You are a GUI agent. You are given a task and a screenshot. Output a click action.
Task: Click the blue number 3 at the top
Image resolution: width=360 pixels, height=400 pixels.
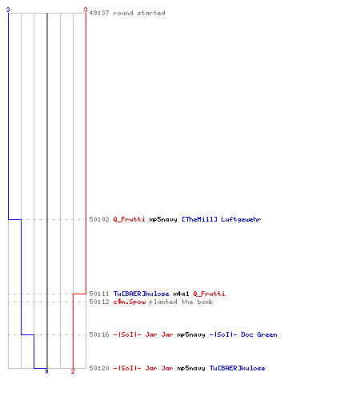(8, 10)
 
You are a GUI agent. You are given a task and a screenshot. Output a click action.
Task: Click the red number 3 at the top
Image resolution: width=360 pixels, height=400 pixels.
(86, 10)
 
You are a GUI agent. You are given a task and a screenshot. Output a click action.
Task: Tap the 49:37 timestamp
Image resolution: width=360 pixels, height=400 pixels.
(99, 13)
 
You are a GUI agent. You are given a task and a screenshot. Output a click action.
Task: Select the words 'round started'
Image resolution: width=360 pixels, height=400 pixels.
(139, 13)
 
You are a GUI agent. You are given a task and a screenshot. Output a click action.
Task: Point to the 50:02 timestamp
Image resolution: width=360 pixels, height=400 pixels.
(99, 219)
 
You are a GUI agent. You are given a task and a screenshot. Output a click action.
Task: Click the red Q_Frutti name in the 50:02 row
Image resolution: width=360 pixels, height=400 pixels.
(129, 219)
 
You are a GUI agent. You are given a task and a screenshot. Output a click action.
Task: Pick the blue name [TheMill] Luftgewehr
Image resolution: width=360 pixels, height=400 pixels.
(222, 219)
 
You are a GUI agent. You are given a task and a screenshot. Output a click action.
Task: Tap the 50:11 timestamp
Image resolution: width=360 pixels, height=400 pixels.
(99, 294)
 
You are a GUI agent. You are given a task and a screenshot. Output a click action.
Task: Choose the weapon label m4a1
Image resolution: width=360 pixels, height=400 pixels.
(181, 294)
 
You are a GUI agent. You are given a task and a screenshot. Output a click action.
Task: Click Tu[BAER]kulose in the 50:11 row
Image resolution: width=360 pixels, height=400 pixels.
(141, 294)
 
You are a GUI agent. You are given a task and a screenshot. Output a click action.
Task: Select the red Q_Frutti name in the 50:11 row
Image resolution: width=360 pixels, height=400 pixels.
(209, 294)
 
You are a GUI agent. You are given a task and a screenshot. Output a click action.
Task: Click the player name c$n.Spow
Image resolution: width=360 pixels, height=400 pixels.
(130, 302)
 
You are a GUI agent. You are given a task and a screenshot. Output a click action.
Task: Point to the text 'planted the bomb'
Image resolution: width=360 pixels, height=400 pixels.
(181, 302)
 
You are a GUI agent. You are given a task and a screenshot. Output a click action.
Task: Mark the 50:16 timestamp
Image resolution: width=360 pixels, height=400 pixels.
(99, 334)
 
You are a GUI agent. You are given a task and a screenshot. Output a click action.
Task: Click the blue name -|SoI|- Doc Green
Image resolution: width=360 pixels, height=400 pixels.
(243, 334)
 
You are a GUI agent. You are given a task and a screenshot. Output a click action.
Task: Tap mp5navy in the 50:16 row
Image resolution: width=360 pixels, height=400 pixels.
(191, 334)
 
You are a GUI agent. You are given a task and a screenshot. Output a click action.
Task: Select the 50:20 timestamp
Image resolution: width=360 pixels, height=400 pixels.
(99, 368)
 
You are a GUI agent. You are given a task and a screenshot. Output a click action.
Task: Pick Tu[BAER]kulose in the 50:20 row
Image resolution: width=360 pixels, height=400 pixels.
(237, 368)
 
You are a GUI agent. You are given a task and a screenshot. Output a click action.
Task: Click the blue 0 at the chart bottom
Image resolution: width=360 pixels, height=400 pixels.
(46, 371)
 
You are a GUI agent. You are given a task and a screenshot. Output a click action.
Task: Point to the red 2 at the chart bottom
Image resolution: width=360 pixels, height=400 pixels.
(73, 371)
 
